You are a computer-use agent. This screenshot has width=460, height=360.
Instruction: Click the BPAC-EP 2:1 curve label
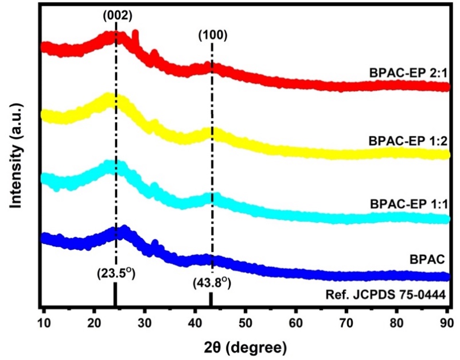point(409,73)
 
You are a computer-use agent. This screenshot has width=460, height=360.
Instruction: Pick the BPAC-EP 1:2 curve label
point(409,140)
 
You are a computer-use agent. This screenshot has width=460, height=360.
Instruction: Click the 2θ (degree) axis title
point(246,346)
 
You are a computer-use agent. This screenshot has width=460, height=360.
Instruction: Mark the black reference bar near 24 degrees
point(115,297)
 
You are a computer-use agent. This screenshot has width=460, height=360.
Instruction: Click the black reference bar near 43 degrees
point(210,300)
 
